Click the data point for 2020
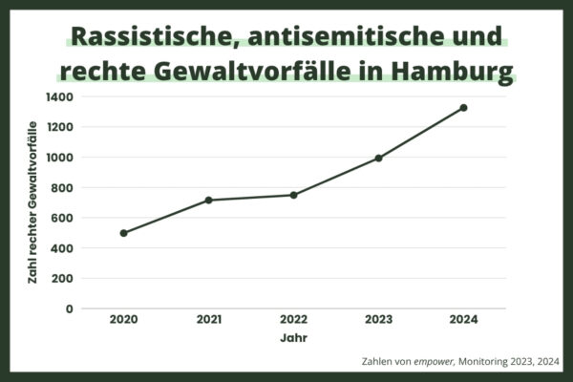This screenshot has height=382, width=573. coord(123,233)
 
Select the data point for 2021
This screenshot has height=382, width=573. coord(208,200)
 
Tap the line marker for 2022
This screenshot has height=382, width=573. coord(293,195)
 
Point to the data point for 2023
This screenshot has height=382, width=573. coord(378,158)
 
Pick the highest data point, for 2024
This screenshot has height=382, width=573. coord(463,108)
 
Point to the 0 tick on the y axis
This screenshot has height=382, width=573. coord(68,308)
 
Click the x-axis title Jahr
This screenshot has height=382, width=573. coord(293,338)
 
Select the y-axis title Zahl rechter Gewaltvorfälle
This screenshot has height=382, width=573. coord(34,202)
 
